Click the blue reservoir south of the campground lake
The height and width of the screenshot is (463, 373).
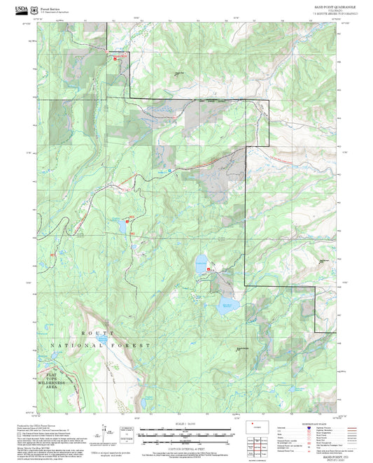click(227, 304)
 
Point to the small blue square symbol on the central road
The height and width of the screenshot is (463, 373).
click(169, 169)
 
